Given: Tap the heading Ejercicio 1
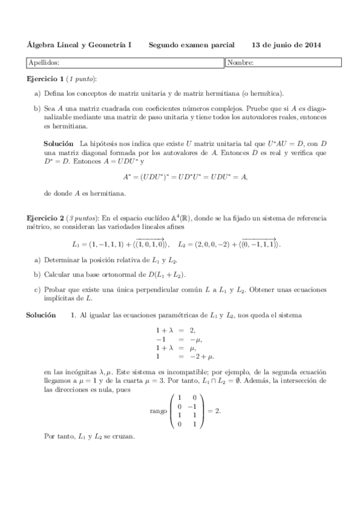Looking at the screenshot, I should pos(46,79).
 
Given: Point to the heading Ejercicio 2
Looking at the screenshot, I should pos(46,216).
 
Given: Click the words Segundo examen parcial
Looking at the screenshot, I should pos(192,45).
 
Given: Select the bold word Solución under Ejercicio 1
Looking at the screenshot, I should pos(59,144).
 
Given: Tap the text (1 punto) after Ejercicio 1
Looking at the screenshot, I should pos(81,79).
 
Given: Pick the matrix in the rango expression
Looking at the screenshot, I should pos(186,411).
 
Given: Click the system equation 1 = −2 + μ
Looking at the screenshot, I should pos(185,357).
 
